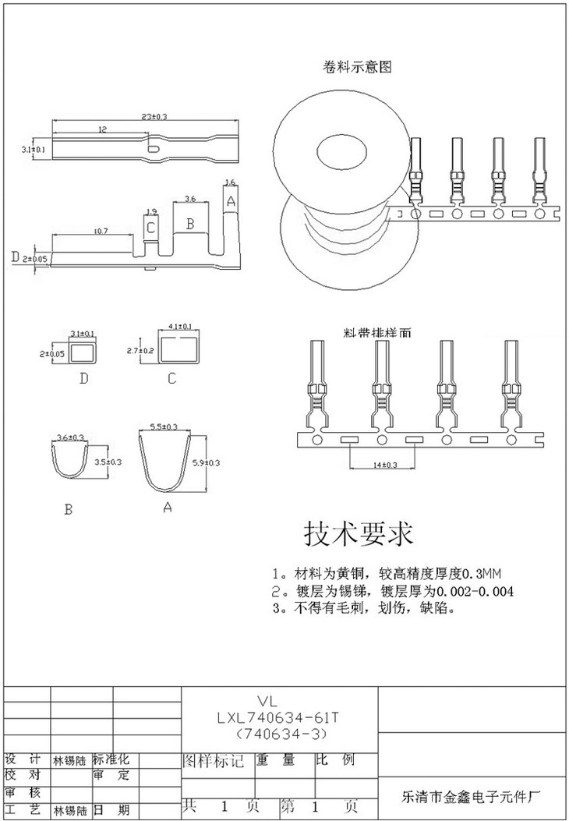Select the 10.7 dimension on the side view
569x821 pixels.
coord(100,231)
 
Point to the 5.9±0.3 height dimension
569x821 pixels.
coord(206,462)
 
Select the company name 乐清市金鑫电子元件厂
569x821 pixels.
coord(470,797)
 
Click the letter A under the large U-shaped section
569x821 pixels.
coord(167,508)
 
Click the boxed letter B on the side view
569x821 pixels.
coord(189,224)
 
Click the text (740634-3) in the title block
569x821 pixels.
coord(277,734)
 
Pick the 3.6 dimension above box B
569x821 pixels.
coord(189,198)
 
